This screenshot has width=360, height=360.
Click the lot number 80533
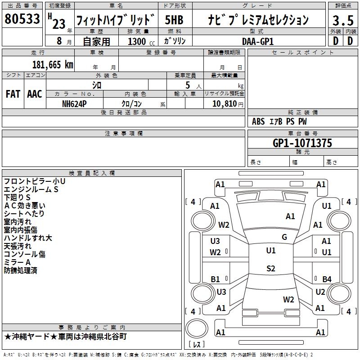tap(22, 19)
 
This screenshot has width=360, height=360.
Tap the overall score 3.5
tap(342, 21)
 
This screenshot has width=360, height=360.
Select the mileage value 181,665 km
tap(53, 65)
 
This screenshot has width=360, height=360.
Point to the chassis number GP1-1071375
tap(302, 143)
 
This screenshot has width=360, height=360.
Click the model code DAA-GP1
tap(257, 41)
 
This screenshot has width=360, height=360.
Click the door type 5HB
tap(174, 20)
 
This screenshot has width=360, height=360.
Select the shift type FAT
tap(13, 94)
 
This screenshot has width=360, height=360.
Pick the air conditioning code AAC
tap(35, 94)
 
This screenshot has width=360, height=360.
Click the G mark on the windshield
tap(284, 237)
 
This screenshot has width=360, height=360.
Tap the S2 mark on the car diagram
tap(270, 269)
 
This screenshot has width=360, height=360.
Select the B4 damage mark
tap(327, 279)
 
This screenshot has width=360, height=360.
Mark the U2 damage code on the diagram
tap(320, 292)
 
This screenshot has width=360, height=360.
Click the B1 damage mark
tap(216, 279)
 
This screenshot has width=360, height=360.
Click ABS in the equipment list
tap(258, 121)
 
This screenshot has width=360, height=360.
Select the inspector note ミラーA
tap(17, 262)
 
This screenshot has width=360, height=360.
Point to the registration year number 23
tap(58, 24)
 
